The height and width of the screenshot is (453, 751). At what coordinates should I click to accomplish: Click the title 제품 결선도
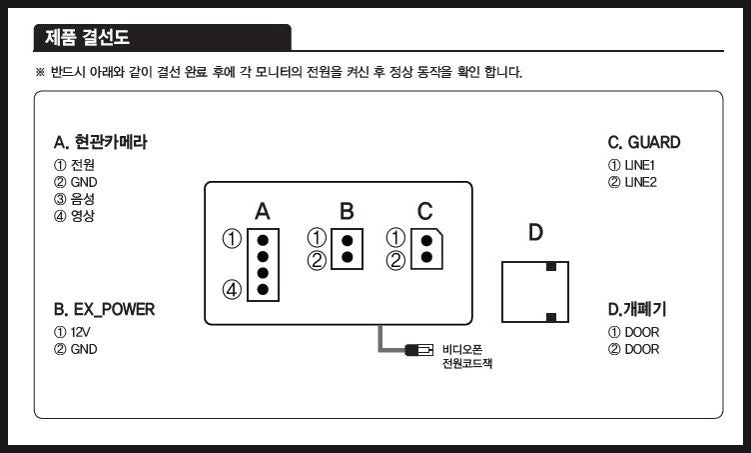87,39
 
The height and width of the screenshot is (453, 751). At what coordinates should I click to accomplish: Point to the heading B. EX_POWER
105,309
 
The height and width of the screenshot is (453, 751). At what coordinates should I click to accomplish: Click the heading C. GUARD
644,143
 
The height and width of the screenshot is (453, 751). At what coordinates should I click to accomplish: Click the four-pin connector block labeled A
263,265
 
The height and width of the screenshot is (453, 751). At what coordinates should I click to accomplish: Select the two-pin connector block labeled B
347,248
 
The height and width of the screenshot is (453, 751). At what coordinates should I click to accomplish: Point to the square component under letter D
535,292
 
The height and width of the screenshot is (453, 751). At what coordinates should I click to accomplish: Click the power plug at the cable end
418,350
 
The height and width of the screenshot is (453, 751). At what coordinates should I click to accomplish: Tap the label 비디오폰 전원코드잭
467,356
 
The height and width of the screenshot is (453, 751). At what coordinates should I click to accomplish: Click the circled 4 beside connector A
232,291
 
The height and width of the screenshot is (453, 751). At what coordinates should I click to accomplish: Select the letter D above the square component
535,233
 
